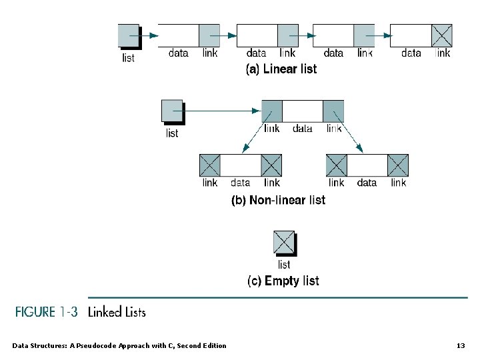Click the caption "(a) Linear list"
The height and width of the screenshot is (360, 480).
click(x=281, y=69)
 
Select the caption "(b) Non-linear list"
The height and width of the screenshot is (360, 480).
click(x=278, y=200)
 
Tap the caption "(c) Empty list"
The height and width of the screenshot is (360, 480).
click(x=283, y=281)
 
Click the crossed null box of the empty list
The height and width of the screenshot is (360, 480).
click(x=283, y=241)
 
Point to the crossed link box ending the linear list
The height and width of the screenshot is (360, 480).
click(x=441, y=35)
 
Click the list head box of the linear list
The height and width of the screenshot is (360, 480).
click(x=128, y=35)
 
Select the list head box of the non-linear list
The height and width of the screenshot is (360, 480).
click(x=171, y=111)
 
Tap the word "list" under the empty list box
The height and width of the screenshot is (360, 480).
click(x=284, y=264)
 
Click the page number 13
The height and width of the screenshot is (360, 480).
click(x=460, y=345)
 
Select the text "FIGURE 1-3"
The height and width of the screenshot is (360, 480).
click(x=47, y=311)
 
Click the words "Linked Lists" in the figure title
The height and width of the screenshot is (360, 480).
click(x=117, y=311)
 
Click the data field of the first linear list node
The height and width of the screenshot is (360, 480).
click(x=179, y=35)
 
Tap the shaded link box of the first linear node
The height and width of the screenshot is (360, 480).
click(x=209, y=35)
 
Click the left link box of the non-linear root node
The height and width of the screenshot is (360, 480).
click(x=272, y=111)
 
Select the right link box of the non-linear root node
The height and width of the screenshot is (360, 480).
click(x=333, y=111)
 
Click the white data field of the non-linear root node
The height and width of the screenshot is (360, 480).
click(x=303, y=111)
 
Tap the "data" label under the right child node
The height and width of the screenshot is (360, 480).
click(x=367, y=183)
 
